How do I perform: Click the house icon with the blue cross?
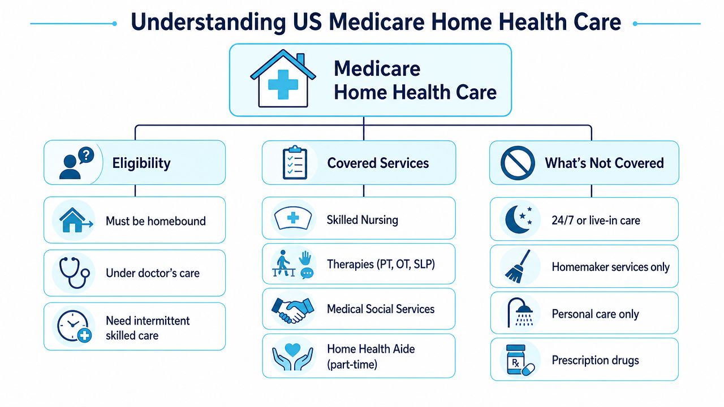pyautogui.click(x=283, y=79)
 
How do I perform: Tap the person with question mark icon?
pyautogui.click(x=76, y=163)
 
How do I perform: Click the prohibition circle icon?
pyautogui.click(x=518, y=163)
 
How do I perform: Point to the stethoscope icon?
pyautogui.click(x=74, y=272)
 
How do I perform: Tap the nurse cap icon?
pyautogui.click(x=293, y=218)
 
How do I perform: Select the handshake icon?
pyautogui.click(x=293, y=310)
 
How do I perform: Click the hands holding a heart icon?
pyautogui.click(x=292, y=356)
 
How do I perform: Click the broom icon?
pyautogui.click(x=518, y=266)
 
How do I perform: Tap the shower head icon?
pyautogui.click(x=520, y=313)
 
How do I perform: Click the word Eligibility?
pyautogui.click(x=141, y=163)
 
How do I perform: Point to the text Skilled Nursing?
pyautogui.click(x=363, y=220)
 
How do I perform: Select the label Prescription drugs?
pyautogui.click(x=595, y=360)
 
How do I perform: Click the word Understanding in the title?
pyautogui.click(x=208, y=22)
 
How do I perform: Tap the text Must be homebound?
pyautogui.click(x=156, y=221)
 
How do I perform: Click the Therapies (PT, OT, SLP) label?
pyautogui.click(x=381, y=264)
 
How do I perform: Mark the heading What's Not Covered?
pyautogui.click(x=604, y=163)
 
